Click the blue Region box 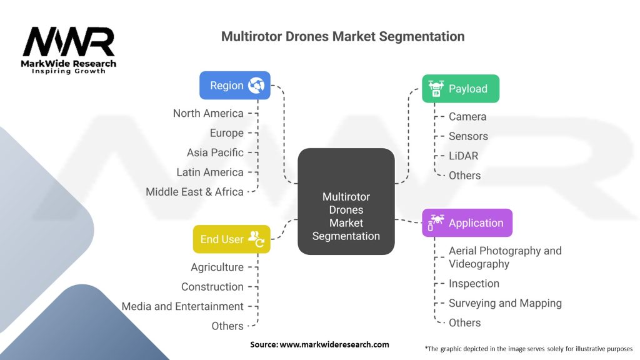(x=234, y=85)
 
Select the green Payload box (x=461, y=88)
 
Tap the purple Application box (x=467, y=222)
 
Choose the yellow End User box (x=231, y=239)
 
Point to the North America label (x=208, y=113)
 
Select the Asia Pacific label (x=215, y=152)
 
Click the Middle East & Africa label (x=194, y=192)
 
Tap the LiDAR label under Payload (x=463, y=156)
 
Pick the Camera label (x=467, y=116)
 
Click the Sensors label (x=468, y=136)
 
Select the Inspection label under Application (x=474, y=283)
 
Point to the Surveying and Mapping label (x=505, y=303)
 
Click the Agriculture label (x=217, y=267)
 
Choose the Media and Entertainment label (x=182, y=306)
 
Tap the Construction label (x=212, y=287)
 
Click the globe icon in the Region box (x=256, y=85)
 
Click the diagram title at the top (x=342, y=36)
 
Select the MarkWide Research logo (x=69, y=49)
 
